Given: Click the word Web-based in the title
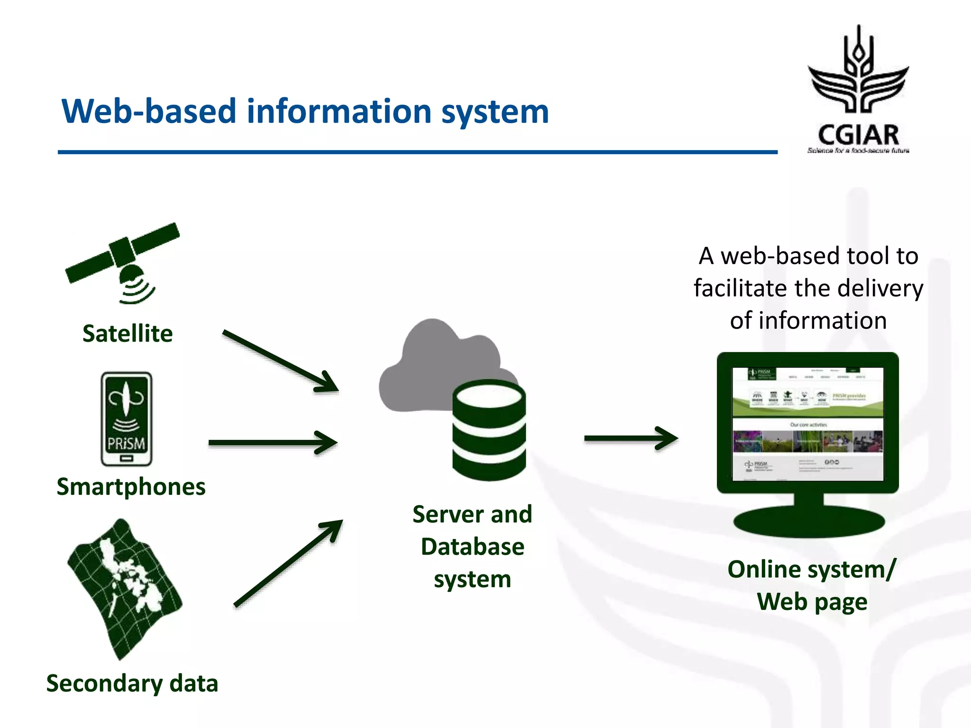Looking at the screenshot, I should click(x=148, y=112).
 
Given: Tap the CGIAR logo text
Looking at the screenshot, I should click(x=858, y=135).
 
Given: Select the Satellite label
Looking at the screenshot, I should click(x=128, y=333).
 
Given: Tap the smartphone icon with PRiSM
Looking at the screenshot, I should click(x=127, y=419).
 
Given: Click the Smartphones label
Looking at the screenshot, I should click(x=131, y=487).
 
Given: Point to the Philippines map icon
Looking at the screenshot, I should click(x=124, y=588).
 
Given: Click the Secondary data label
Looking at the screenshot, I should click(x=132, y=683).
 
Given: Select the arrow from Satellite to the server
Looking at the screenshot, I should click(x=280, y=361).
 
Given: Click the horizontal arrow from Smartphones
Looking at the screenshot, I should click(x=273, y=443).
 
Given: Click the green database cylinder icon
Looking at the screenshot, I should click(x=489, y=431).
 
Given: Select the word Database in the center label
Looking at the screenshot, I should click(x=472, y=546).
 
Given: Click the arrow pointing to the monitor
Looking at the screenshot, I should click(x=631, y=438).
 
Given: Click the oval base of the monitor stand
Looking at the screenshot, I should click(x=809, y=521).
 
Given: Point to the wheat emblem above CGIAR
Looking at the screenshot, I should click(x=858, y=71).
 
